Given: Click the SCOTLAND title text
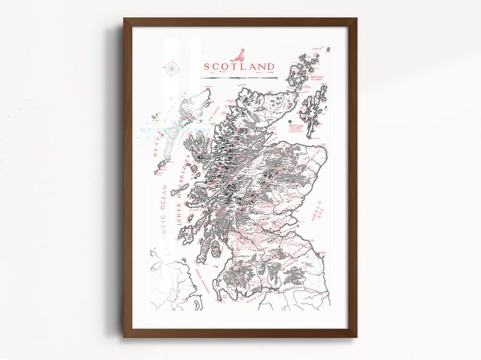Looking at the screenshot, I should pos(238,67).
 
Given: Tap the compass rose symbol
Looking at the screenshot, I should pos(172,68).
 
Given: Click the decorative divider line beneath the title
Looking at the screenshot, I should pos(239,78).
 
